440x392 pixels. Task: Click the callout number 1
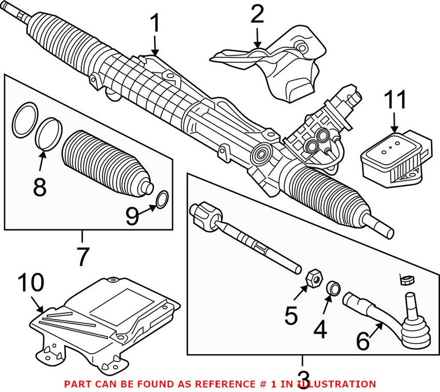click(x=155, y=24)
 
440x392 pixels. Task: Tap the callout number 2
click(x=257, y=15)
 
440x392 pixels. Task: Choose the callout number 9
click(x=131, y=215)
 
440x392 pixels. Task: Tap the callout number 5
click(x=291, y=314)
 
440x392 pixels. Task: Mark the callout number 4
click(x=320, y=329)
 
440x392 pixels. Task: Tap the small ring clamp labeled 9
click(x=162, y=198)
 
